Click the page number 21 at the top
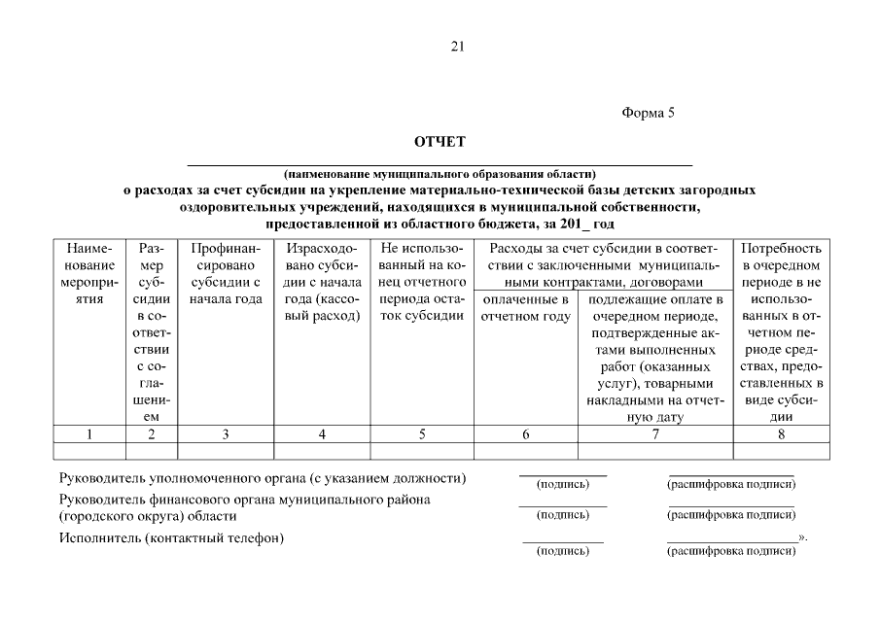click(457, 46)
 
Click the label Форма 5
click(648, 113)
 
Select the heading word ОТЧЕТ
click(440, 142)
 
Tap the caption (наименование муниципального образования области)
click(440, 174)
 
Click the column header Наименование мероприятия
click(89, 273)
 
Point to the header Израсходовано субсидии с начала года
click(322, 282)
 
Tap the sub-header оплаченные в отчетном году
click(525, 308)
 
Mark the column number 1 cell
click(89, 434)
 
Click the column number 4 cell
click(322, 434)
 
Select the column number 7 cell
click(655, 434)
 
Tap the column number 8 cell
click(782, 434)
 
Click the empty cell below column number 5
click(422, 450)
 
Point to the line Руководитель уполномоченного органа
click(262, 478)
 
